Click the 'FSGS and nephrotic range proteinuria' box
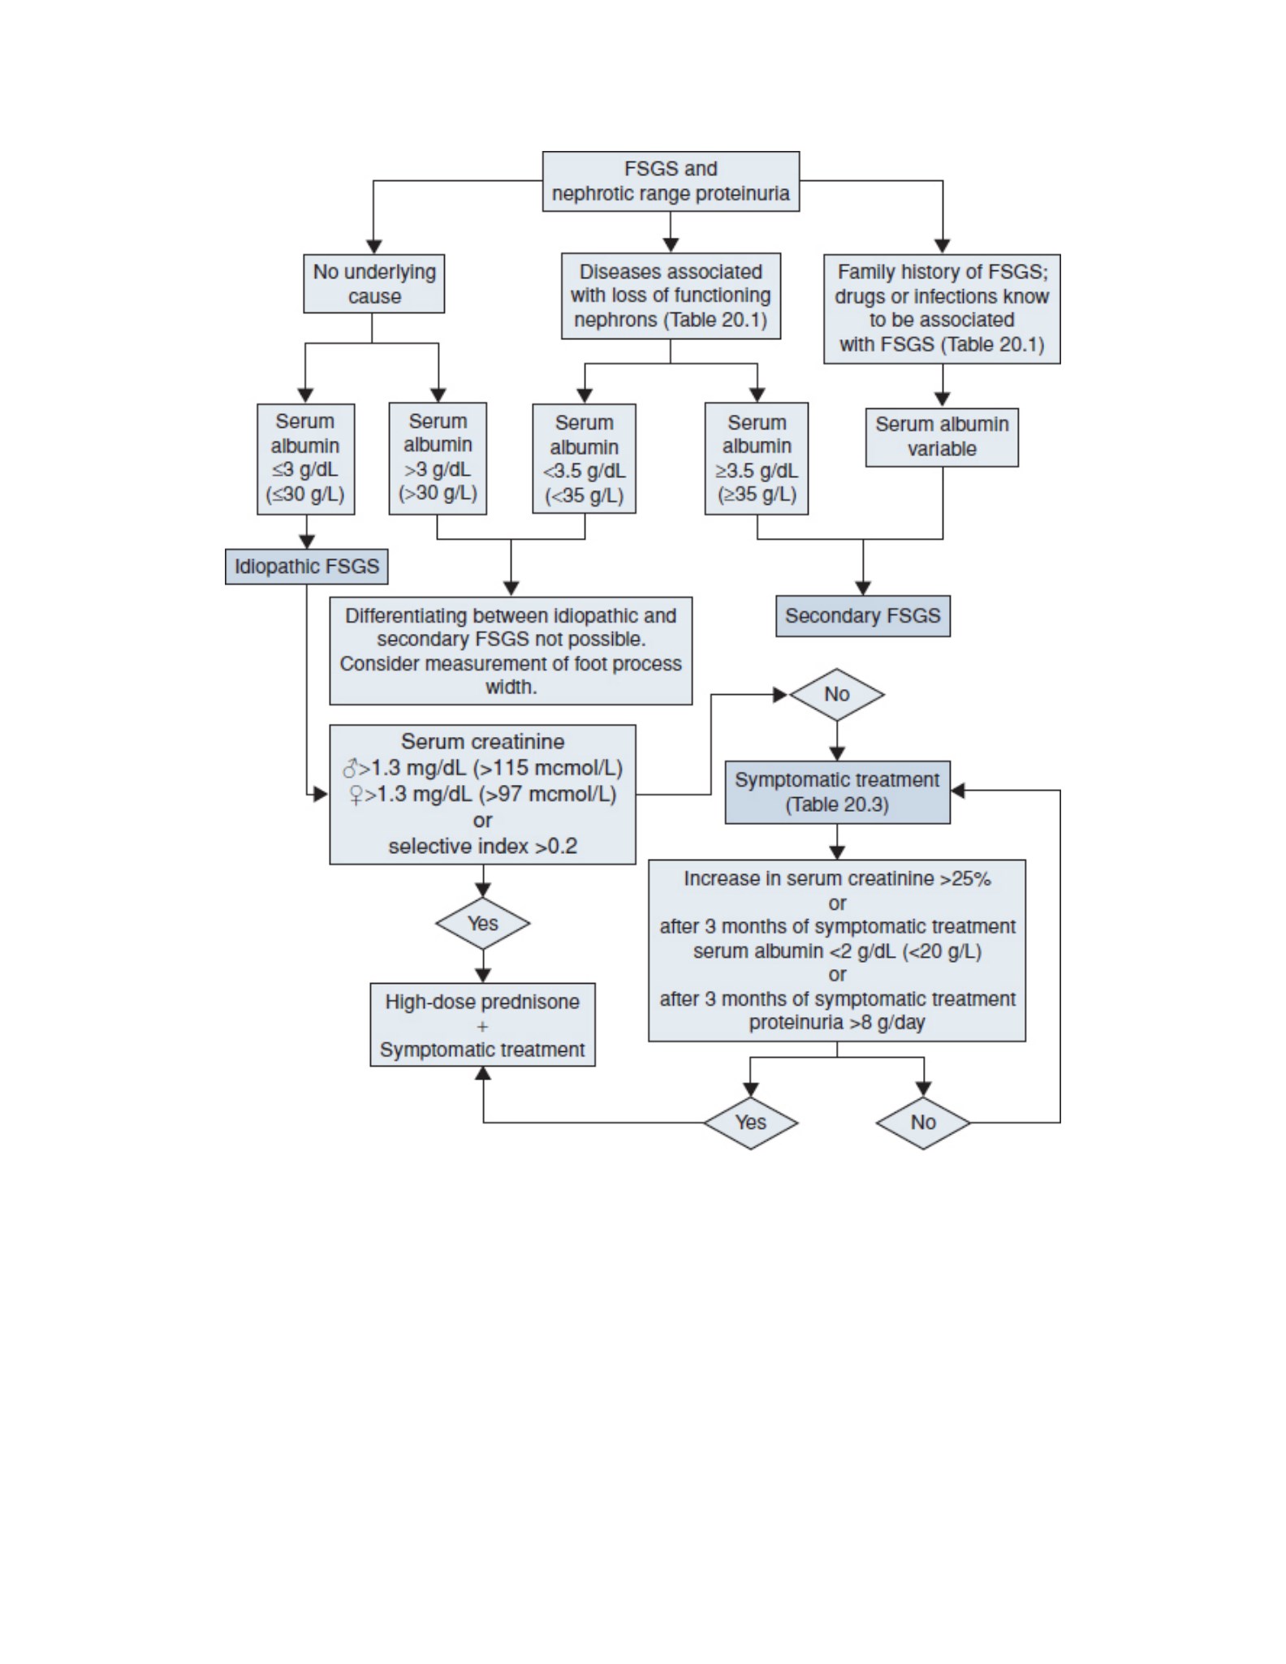tap(671, 181)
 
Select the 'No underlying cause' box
tap(374, 283)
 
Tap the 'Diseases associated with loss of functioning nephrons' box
tap(671, 295)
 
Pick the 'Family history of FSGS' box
tap(942, 308)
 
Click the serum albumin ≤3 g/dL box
tap(305, 459)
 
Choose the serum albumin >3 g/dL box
tap(438, 458)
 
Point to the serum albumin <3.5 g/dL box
tap(584, 459)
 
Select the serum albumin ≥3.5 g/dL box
tap(757, 458)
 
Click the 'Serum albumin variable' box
tap(942, 437)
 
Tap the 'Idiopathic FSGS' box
tap(307, 567)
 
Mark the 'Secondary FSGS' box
tap(863, 616)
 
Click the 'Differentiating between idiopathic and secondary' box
tap(511, 651)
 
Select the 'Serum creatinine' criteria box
tap(482, 795)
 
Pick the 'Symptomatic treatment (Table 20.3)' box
tap(837, 792)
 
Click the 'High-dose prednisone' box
tap(482, 1025)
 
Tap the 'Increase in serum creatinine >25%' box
tap(837, 951)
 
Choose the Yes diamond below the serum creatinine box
tap(482, 923)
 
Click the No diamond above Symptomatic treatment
tap(837, 695)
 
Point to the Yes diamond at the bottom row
tap(751, 1123)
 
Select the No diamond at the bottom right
tap(923, 1123)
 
